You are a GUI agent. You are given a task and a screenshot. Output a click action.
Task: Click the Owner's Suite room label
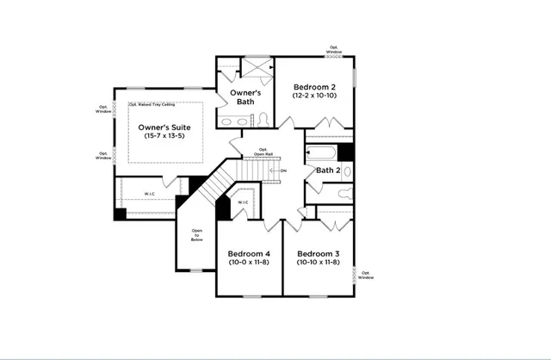click(164, 127)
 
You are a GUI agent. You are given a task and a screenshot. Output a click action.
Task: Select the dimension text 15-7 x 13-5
click(164, 138)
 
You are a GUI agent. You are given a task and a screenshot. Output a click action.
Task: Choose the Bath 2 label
click(327, 171)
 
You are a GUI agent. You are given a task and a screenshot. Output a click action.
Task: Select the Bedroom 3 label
click(318, 254)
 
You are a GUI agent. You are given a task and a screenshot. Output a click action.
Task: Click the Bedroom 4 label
click(249, 254)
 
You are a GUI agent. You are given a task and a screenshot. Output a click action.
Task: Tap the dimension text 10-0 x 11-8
click(249, 264)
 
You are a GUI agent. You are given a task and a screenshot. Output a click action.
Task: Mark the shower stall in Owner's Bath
click(257, 68)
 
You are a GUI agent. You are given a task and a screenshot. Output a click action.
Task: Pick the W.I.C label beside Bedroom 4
click(243, 203)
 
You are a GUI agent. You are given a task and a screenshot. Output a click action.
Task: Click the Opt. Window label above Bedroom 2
click(334, 50)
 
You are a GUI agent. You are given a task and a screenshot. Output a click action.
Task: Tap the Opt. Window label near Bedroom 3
click(366, 275)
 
